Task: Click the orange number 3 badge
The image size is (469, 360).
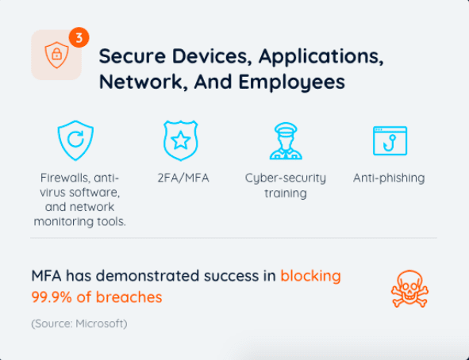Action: [79, 37]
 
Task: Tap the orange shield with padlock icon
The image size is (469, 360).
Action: [57, 55]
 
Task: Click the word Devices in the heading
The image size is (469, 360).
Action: [212, 56]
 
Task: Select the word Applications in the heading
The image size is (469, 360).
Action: [321, 56]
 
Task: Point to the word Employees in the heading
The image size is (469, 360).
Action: [291, 82]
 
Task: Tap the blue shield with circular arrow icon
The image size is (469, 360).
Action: [75, 140]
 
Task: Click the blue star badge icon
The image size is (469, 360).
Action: [181, 140]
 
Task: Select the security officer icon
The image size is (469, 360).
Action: [286, 140]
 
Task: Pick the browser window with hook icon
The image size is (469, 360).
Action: [390, 140]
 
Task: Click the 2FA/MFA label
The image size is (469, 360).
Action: [183, 178]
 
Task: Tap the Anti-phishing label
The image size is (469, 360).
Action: [389, 178]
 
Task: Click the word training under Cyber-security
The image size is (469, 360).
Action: [286, 193]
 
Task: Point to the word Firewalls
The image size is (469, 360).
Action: [65, 178]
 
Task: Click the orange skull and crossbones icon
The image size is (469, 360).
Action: [409, 289]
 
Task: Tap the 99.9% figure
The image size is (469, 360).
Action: [52, 297]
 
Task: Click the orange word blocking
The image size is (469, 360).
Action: [310, 275]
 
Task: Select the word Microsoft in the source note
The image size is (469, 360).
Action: [100, 324]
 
